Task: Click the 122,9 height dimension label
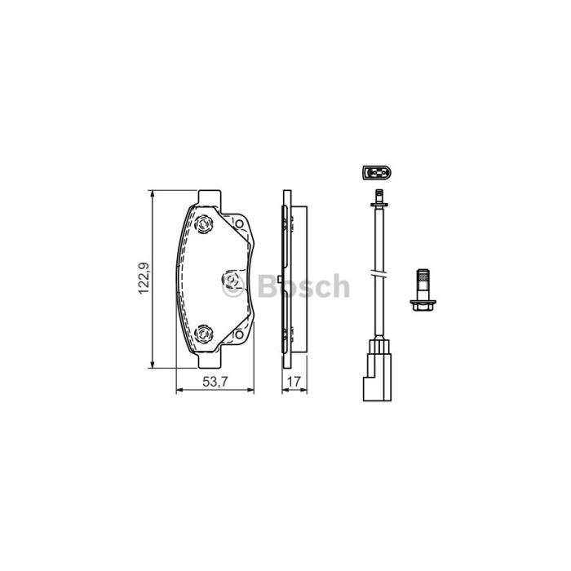144,279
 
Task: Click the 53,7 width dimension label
215,382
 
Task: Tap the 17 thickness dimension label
294,382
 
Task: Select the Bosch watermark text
303,285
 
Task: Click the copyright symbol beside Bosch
233,286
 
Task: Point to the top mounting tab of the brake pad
210,197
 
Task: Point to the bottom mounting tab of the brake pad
210,360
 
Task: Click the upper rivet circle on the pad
203,224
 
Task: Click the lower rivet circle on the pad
203,334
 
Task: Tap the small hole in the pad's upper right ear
239,224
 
